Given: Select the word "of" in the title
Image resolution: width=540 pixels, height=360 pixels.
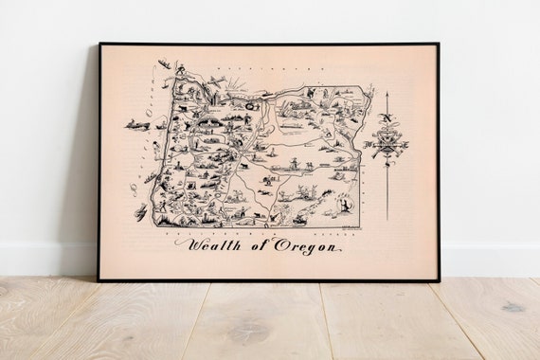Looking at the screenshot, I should click(x=254, y=248).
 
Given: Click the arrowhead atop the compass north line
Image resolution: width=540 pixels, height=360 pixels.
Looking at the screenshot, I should click(x=387, y=96).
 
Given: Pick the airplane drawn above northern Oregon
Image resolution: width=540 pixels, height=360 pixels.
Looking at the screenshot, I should click(x=216, y=80).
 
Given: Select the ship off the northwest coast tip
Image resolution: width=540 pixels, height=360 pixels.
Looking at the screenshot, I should click(x=165, y=66).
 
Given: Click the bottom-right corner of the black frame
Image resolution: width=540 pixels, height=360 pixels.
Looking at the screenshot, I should click(x=438, y=280).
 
